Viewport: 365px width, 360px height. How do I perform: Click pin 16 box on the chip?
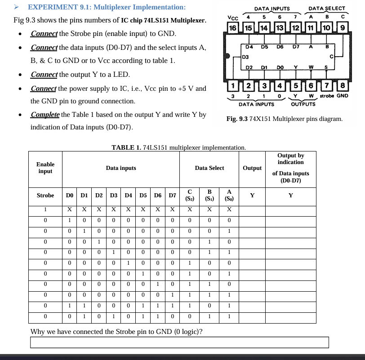(x=232, y=28)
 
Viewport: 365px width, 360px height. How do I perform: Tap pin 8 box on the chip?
(x=343, y=86)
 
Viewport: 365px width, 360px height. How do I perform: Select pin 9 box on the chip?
(x=343, y=28)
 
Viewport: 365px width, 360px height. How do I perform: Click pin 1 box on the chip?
(x=232, y=86)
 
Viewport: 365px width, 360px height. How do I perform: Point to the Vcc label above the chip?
(x=232, y=18)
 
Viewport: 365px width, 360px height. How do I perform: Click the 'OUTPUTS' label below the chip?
(x=303, y=104)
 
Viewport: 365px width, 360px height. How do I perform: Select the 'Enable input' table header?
(x=45, y=168)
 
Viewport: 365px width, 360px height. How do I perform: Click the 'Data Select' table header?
(x=209, y=168)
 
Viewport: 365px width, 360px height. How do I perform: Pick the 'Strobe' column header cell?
(x=45, y=196)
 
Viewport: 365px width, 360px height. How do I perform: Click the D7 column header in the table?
(x=172, y=196)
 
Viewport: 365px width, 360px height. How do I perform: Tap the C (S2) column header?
(x=190, y=196)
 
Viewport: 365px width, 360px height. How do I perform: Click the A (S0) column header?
(x=229, y=196)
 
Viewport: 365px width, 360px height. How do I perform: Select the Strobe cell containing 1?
(x=45, y=209)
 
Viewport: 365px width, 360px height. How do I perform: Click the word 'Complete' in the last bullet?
(x=45, y=115)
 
